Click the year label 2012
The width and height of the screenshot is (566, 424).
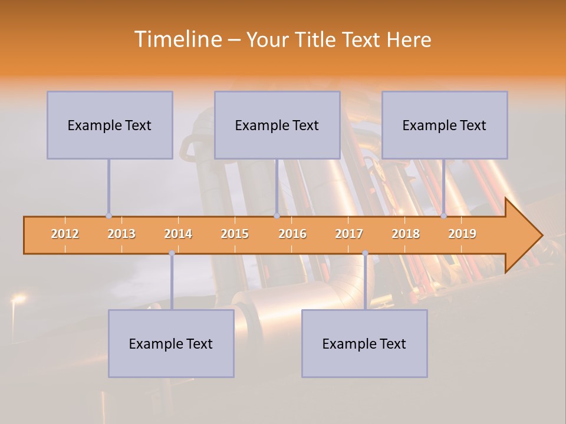point(65,234)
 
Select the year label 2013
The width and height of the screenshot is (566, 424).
point(121,234)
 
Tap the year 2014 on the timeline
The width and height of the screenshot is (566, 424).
point(178,234)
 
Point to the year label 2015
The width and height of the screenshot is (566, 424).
point(235,234)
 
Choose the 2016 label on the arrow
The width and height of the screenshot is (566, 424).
point(292,234)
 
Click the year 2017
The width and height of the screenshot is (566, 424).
point(349,234)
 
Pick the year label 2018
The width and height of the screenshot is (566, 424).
point(406,234)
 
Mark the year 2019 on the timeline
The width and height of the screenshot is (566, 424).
point(462,234)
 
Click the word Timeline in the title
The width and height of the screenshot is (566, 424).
point(177,39)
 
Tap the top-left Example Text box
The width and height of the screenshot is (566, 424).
point(110,125)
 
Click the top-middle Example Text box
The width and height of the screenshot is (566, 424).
point(277,125)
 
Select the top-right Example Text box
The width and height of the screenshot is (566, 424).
point(445,125)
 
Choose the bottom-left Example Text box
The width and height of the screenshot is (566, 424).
point(171,343)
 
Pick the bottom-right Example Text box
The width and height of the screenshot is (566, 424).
point(364,343)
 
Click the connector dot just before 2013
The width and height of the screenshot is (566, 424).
point(108,216)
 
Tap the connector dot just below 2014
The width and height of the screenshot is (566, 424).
point(172,253)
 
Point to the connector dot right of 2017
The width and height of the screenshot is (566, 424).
point(365,253)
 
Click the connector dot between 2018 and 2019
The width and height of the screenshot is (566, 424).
point(444,216)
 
